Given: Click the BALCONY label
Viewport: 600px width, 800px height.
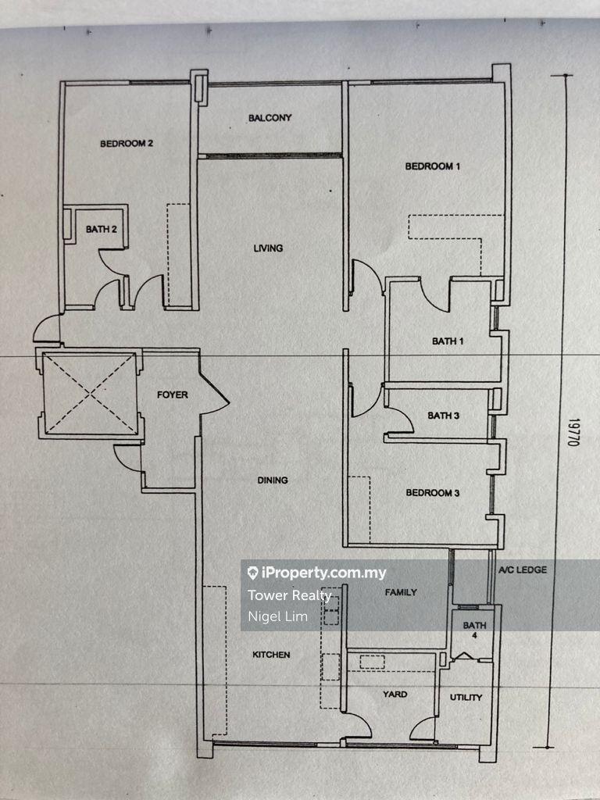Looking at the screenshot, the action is [270, 118].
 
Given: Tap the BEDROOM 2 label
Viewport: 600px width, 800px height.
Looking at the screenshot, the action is [127, 144].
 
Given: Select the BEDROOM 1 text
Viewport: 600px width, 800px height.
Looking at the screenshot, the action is [433, 166].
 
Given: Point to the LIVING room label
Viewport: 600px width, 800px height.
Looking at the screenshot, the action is [269, 248].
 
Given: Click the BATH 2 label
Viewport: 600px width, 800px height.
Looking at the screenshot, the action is [101, 230].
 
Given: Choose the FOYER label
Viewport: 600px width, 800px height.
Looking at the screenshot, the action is [173, 395].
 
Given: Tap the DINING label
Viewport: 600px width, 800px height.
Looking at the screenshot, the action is [273, 480].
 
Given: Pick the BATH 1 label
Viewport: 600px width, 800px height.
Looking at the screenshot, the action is [448, 341].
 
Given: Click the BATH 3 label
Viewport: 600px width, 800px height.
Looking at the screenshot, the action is [444, 416].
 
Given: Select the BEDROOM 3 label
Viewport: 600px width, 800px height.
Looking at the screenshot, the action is [433, 493].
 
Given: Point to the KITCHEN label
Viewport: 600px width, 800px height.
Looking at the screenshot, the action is [271, 655].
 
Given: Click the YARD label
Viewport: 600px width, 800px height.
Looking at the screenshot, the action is [395, 695].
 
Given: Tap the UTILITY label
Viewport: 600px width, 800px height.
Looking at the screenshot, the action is [466, 698].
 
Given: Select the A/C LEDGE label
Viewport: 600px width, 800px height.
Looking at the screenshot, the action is [523, 570].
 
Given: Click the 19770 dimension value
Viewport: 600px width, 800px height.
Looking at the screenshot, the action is [574, 433].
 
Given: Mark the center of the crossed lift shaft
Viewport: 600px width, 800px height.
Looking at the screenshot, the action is [91, 394].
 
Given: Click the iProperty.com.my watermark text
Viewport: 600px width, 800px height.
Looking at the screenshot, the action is [317, 573].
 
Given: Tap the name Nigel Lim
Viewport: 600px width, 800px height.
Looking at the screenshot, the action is [277, 617].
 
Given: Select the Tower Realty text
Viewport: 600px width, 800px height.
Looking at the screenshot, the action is [290, 595].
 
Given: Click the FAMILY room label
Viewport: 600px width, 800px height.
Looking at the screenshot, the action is [401, 592].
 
